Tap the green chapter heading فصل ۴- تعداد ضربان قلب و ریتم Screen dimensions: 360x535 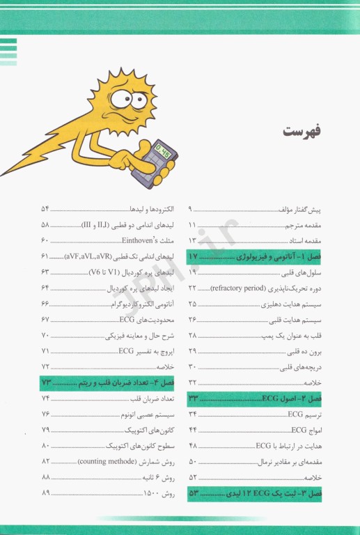pos(111,382)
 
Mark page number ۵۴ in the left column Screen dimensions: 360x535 pos(46,209)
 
